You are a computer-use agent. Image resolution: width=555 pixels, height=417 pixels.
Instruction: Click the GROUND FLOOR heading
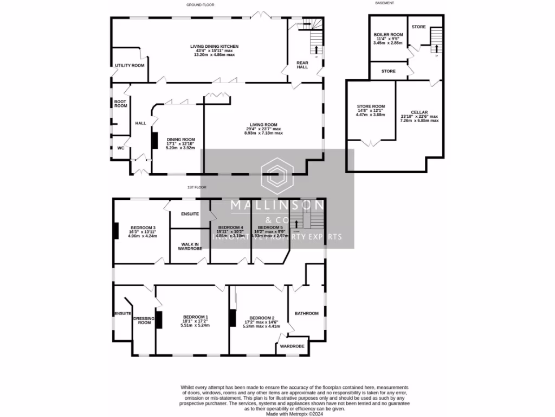point(201,4)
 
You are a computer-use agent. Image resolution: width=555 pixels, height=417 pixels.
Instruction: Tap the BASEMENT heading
point(384,3)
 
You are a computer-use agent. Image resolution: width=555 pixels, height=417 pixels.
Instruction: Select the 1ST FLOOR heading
point(197,187)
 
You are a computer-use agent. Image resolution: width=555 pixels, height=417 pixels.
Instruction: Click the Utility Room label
point(130,66)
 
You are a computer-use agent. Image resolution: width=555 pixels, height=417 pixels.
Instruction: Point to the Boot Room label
point(120,104)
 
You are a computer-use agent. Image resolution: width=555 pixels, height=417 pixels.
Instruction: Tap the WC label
point(120,147)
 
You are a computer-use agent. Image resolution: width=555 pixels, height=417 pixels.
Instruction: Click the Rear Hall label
point(302,65)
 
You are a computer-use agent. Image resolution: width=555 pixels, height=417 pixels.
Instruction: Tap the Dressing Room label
point(144,320)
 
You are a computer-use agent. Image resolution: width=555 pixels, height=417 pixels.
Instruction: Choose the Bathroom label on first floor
point(306,313)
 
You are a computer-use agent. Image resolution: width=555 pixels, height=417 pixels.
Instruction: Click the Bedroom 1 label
point(195,317)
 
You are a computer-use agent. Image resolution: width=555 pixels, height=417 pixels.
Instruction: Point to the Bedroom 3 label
point(143,228)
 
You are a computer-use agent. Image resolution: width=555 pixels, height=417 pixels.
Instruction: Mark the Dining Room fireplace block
point(154,141)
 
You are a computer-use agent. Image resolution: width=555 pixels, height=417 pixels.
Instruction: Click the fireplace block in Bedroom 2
point(232,318)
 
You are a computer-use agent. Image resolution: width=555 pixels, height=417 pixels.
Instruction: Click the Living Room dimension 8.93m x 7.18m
point(264,133)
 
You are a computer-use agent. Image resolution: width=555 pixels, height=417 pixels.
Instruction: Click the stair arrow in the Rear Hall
point(315,50)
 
